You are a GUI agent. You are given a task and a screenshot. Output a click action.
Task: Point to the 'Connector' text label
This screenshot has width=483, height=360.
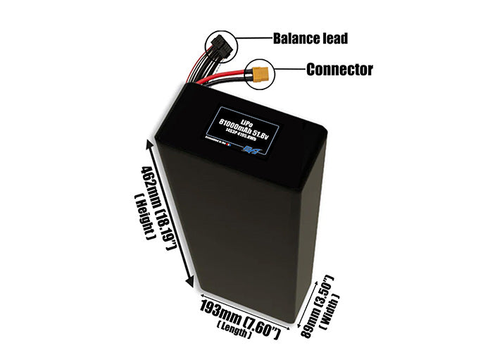pos(339,69)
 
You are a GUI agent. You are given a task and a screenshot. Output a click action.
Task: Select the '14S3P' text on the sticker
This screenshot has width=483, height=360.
pos(237,136)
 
